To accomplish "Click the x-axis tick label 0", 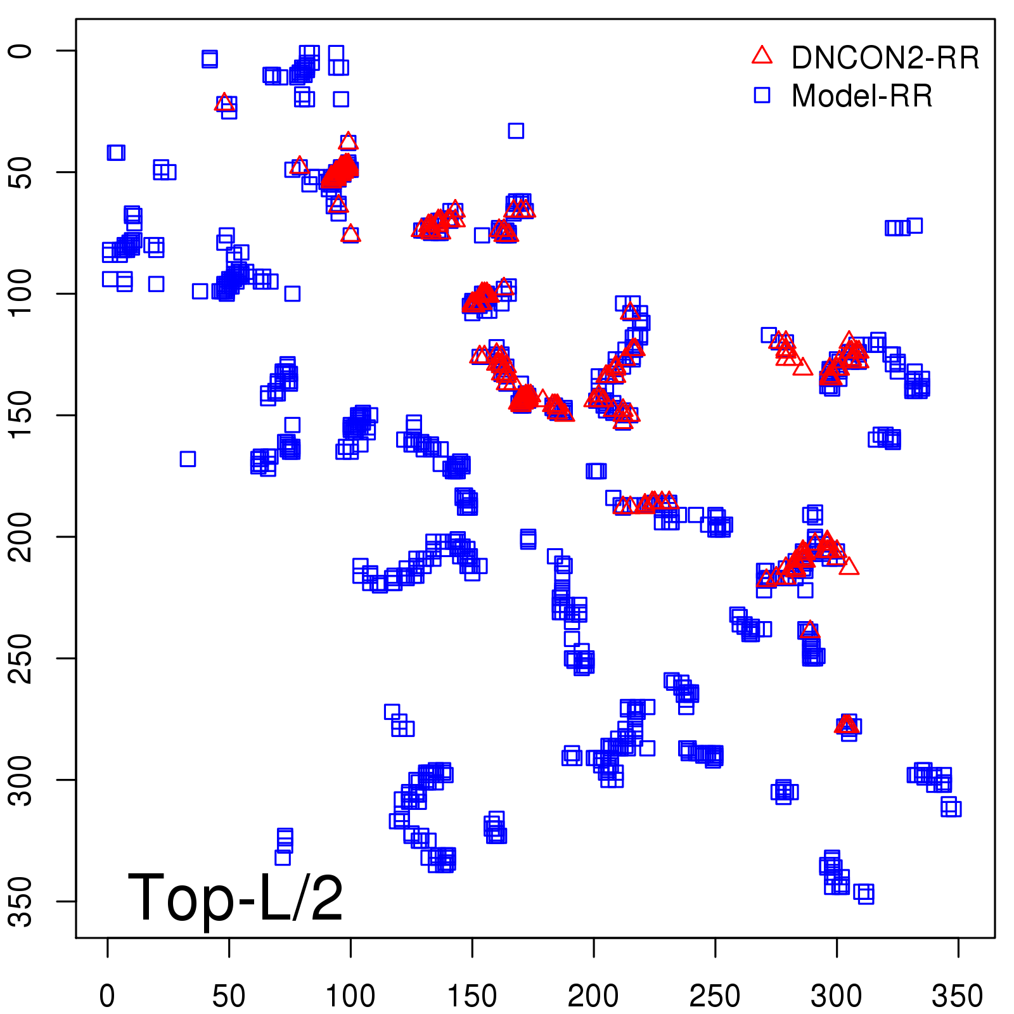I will tap(107, 996).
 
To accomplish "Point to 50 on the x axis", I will tap(229, 996).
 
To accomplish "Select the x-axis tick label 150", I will tap(472, 996).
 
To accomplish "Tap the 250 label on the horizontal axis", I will tap(715, 996).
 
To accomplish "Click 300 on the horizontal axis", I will tap(837, 996).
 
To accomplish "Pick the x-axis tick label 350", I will tap(958, 996).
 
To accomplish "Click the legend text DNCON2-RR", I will tap(885, 58).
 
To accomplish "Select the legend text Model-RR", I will tap(862, 96).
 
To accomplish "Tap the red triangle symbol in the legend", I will tap(762, 56).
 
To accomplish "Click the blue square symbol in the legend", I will tap(762, 95).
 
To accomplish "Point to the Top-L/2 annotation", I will tap(235, 897).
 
